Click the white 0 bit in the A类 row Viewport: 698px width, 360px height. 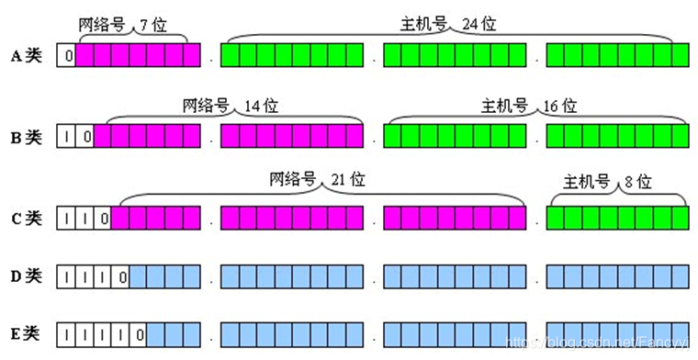(66, 56)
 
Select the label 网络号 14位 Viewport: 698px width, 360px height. (230, 106)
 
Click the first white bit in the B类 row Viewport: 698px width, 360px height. (66, 138)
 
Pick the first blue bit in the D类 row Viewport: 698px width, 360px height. (138, 276)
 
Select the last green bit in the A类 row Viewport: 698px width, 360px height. (680, 56)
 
